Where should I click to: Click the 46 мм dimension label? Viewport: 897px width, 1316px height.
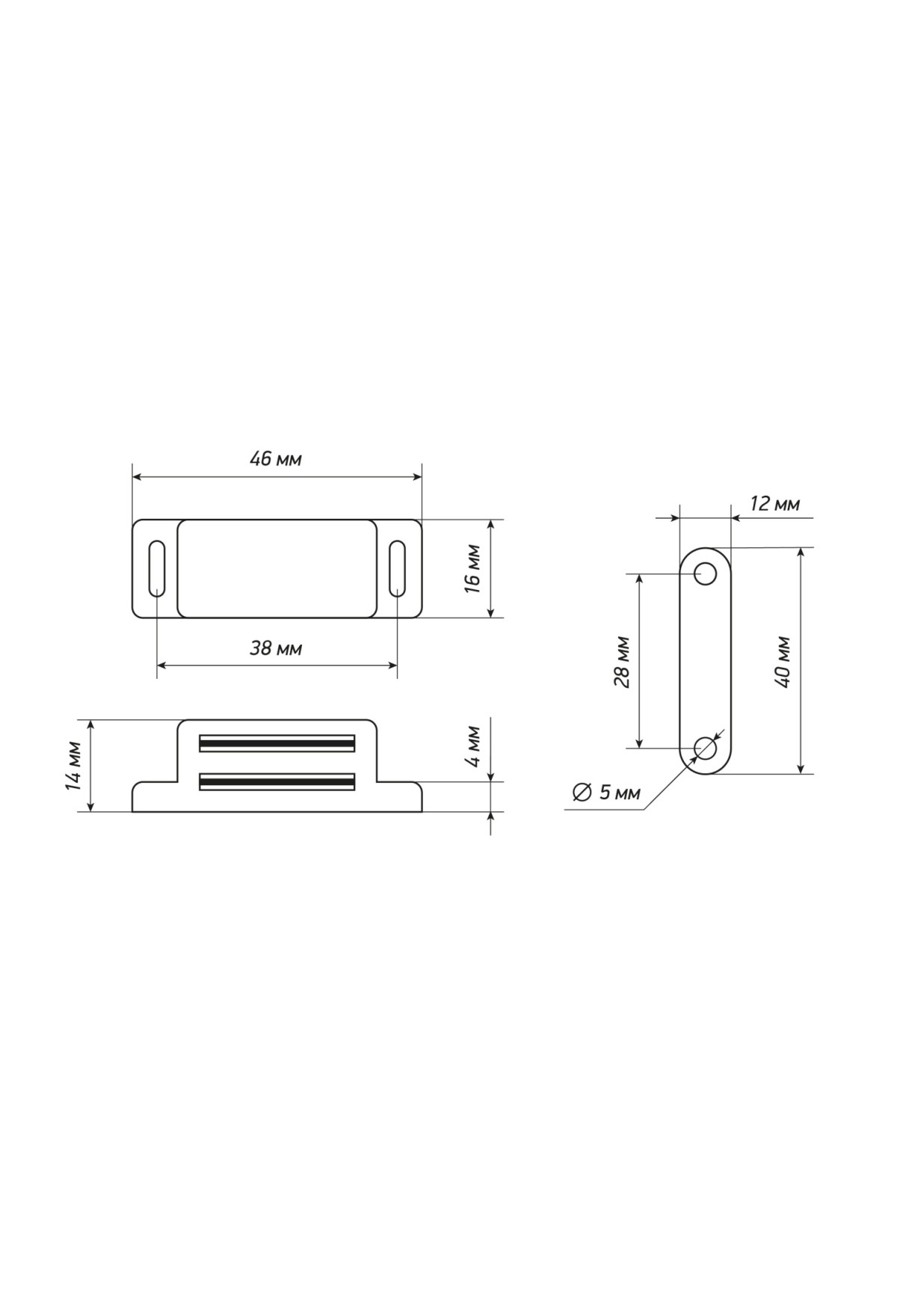click(x=276, y=459)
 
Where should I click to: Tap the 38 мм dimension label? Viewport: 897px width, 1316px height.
click(x=276, y=648)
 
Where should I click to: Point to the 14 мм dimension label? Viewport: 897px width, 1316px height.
click(x=73, y=766)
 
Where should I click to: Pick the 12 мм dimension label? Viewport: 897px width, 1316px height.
click(x=774, y=504)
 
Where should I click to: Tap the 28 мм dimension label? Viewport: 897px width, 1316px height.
click(x=622, y=662)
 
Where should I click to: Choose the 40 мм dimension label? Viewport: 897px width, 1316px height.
click(x=783, y=662)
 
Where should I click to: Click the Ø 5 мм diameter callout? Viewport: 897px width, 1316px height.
click(x=606, y=793)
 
